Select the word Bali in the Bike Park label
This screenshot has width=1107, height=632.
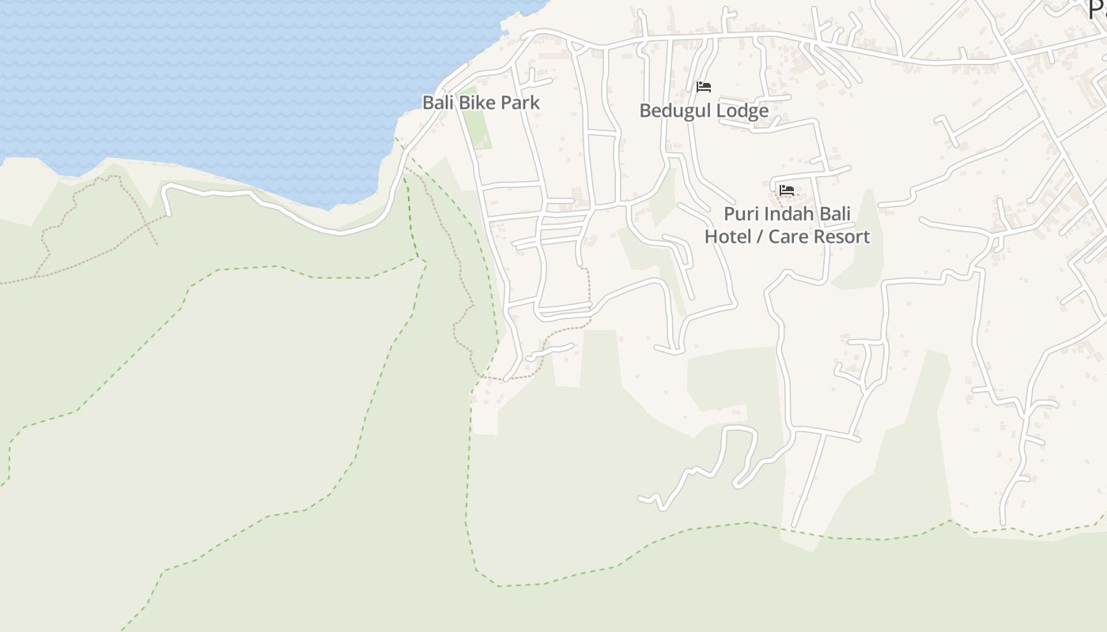[x=437, y=103]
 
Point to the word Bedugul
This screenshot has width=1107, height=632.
[x=671, y=111]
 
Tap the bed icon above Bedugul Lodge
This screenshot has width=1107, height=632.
[x=704, y=87]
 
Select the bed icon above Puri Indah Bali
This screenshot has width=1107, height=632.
[x=787, y=190]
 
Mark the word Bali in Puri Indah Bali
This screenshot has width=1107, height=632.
[x=835, y=215]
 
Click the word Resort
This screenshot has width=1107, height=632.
[x=842, y=237]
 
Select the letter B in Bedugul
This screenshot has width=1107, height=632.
[x=644, y=111]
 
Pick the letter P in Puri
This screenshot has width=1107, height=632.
[x=730, y=215]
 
